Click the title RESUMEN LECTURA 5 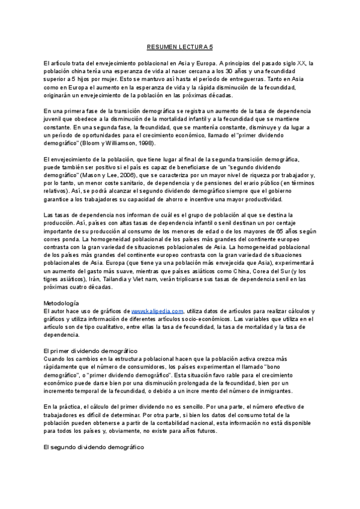tap(180, 46)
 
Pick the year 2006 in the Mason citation tap(133, 175)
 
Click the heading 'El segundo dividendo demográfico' tap(94, 447)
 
